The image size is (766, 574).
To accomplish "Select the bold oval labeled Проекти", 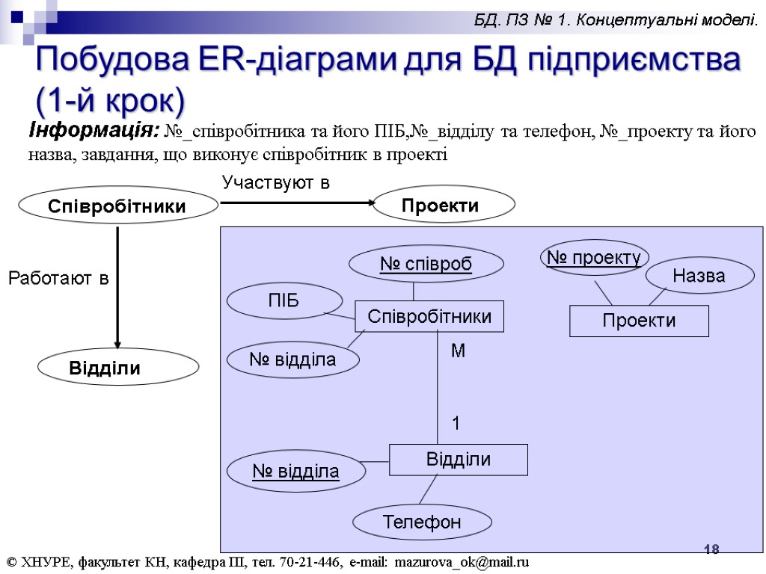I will (x=444, y=205).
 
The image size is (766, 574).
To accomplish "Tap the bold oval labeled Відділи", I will (x=118, y=367).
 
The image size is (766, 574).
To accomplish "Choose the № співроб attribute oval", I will (x=426, y=263).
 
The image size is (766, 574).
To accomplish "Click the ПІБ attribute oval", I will (x=283, y=301).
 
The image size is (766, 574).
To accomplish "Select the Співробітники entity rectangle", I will (x=429, y=316).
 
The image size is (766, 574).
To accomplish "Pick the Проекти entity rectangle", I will (x=639, y=321).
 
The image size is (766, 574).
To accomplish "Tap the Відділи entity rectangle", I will (x=458, y=459).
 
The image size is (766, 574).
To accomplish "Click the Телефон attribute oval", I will (x=422, y=522).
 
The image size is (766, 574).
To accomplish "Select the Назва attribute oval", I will (x=699, y=275).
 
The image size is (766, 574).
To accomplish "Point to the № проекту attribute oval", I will (x=594, y=258).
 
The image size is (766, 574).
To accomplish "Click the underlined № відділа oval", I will (x=296, y=471).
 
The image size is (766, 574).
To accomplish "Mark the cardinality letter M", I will (x=458, y=351).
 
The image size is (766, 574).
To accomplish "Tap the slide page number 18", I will (x=711, y=550).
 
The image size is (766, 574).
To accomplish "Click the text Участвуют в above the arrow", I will (x=276, y=182).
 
